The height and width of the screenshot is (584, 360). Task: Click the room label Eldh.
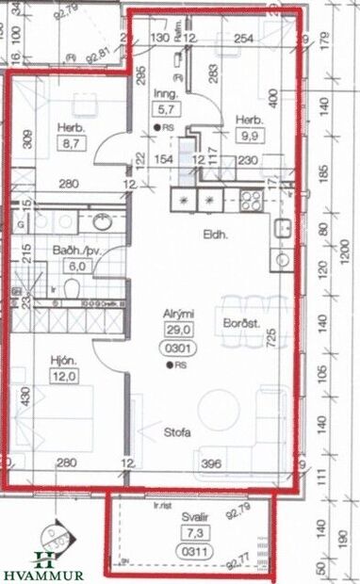tap(209, 235)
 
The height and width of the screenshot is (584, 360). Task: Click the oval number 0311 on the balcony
tap(195, 550)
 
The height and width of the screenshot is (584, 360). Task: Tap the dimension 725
tap(270, 335)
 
